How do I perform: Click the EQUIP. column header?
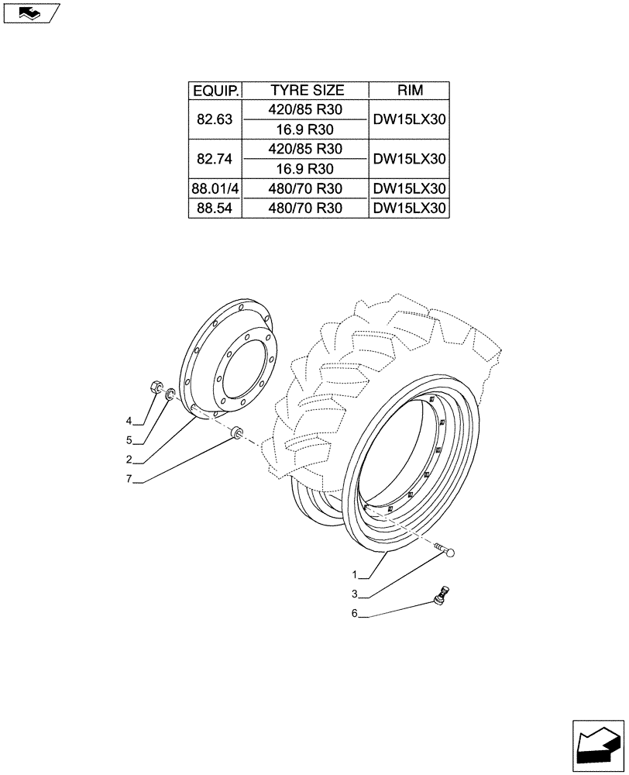click(216, 91)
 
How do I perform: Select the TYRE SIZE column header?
click(307, 91)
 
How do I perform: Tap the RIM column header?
click(410, 91)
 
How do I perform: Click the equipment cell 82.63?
click(216, 119)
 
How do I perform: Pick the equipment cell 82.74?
click(216, 159)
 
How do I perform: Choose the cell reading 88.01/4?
click(216, 188)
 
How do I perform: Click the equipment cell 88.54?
click(216, 208)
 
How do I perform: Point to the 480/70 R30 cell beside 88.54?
click(307, 208)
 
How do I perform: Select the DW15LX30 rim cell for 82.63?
click(410, 119)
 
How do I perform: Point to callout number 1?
click(354, 575)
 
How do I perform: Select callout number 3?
click(354, 595)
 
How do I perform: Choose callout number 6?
click(354, 615)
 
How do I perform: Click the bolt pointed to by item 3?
click(446, 551)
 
